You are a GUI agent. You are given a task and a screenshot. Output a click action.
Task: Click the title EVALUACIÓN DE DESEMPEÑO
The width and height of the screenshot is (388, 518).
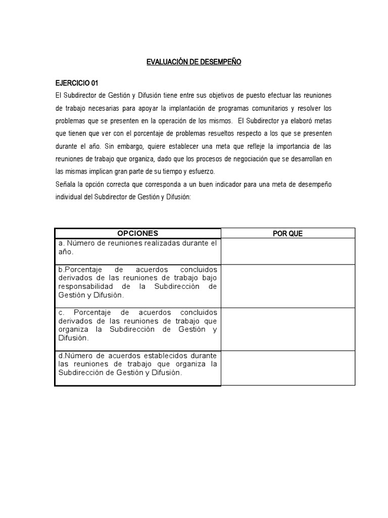194,62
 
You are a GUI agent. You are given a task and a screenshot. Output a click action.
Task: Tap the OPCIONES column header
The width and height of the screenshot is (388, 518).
137,233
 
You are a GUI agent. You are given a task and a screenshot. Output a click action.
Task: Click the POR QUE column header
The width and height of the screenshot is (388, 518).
287,233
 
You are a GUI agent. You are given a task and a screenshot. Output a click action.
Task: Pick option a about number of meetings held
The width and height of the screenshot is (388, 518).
137,247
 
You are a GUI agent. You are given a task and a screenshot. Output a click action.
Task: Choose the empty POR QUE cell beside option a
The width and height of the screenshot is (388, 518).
287,251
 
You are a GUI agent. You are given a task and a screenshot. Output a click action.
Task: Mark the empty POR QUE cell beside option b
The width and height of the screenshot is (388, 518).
287,286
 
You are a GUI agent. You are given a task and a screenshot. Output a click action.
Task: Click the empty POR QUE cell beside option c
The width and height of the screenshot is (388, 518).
287,329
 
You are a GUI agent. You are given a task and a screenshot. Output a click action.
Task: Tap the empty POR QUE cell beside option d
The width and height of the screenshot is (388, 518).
287,368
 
